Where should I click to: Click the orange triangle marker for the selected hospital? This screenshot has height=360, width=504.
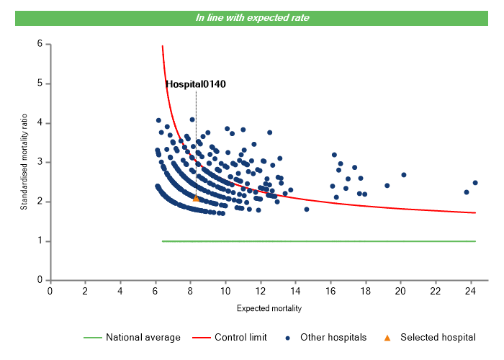coord(196,198)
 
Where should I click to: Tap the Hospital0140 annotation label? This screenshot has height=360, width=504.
coord(196,84)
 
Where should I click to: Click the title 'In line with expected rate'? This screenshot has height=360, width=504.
coord(253,18)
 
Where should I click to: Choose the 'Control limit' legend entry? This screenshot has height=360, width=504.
coord(240,337)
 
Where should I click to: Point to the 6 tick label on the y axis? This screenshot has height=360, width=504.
coord(40,45)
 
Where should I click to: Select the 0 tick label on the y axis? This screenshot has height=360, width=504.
coord(40,281)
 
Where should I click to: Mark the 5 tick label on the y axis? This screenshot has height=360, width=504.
coord(40,84)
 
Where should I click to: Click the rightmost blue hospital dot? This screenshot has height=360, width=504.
coord(475,183)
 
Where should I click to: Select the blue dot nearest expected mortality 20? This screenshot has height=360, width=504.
coord(404,175)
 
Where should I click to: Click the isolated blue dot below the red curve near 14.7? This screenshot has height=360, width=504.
coord(307,210)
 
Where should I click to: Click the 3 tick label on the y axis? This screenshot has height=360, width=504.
coord(40,163)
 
